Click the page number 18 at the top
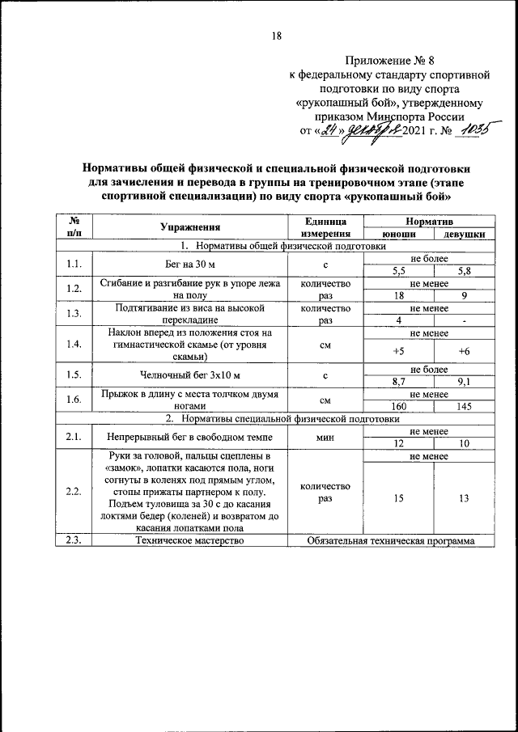(276, 36)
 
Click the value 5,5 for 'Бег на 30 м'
(398, 271)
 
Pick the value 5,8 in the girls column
(464, 271)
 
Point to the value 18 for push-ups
(398, 296)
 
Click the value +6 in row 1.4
(464, 351)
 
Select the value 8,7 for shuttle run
(398, 383)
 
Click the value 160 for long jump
(398, 407)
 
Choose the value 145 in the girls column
(464, 407)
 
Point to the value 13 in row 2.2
(464, 499)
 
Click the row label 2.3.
(74, 541)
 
